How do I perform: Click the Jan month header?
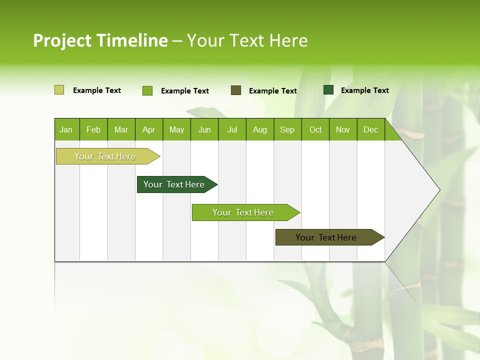click(x=66, y=129)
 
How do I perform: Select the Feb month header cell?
click(x=93, y=129)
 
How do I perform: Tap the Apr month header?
click(x=149, y=129)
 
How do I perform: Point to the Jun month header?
click(x=204, y=129)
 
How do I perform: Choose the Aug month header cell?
click(x=260, y=129)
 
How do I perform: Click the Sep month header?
click(x=287, y=129)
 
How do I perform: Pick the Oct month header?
click(x=315, y=129)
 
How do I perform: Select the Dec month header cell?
click(x=371, y=129)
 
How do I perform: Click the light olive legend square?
click(x=59, y=90)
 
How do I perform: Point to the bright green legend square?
click(x=147, y=90)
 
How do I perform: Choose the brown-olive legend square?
click(x=236, y=90)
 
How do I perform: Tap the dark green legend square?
click(x=328, y=90)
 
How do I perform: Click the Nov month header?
click(x=343, y=129)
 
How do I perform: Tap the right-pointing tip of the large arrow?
click(x=438, y=190)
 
